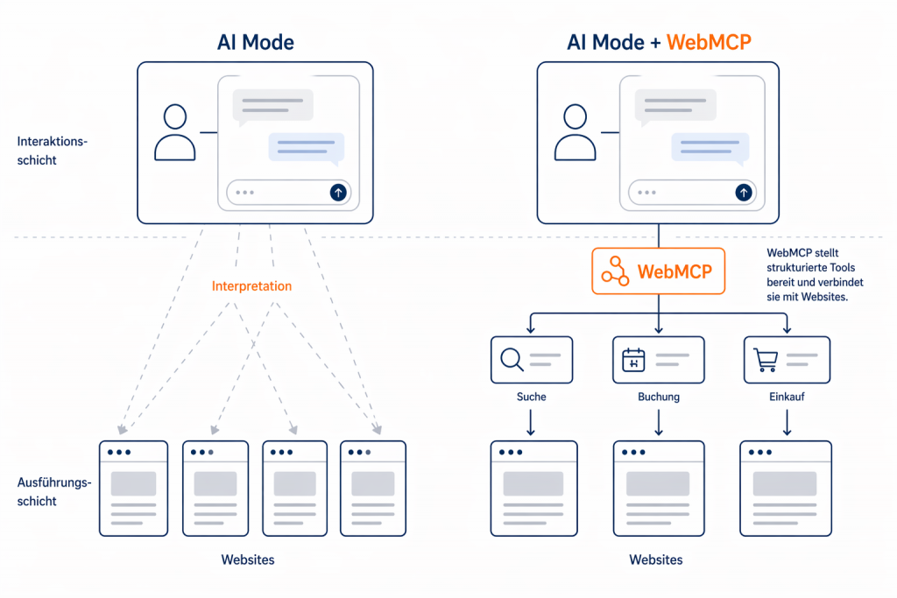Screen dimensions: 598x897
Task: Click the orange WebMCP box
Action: (659, 271)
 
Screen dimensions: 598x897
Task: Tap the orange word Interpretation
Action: (251, 286)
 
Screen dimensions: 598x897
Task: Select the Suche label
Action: (532, 397)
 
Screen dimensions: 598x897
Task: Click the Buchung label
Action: (659, 397)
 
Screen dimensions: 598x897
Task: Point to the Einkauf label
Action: (787, 397)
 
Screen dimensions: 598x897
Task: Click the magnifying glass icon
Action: (511, 359)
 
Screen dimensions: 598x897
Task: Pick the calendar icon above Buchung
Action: (633, 360)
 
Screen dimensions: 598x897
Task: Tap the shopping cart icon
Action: (766, 359)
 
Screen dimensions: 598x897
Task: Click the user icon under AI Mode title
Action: (175, 132)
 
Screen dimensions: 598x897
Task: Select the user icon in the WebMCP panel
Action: (575, 132)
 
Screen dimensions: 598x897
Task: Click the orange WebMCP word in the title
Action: (710, 41)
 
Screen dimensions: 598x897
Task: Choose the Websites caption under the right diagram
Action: (656, 559)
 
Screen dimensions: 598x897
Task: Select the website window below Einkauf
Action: (786, 488)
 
